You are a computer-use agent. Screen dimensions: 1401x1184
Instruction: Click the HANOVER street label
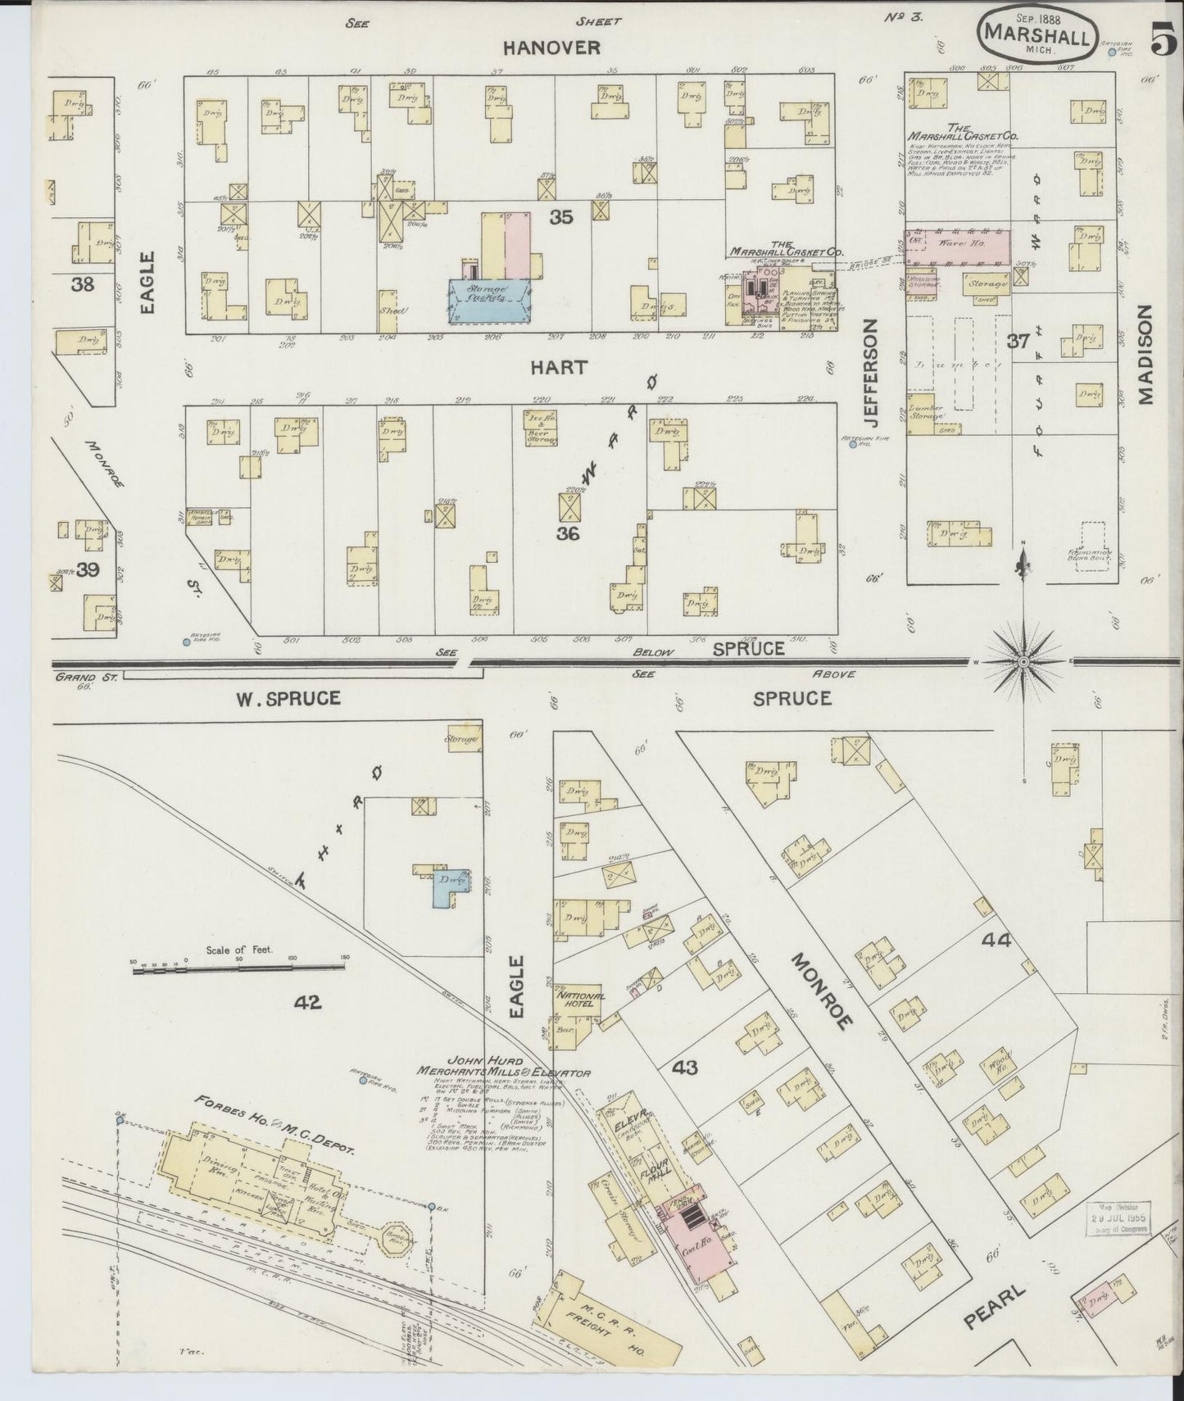click(551, 48)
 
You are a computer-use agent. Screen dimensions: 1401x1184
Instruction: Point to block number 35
click(560, 217)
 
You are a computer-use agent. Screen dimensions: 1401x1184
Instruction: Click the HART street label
click(558, 367)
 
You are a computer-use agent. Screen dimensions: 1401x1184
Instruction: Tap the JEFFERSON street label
click(869, 373)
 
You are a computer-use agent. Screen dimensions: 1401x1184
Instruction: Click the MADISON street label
click(1145, 355)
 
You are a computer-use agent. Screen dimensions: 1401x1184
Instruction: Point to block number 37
click(1018, 341)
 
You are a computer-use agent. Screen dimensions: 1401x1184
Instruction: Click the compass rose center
click(1024, 660)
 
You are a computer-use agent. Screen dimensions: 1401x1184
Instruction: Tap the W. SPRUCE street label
click(288, 699)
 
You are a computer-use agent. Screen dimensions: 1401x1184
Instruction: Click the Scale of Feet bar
click(238, 968)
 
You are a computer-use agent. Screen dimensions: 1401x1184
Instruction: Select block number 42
click(308, 1001)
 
